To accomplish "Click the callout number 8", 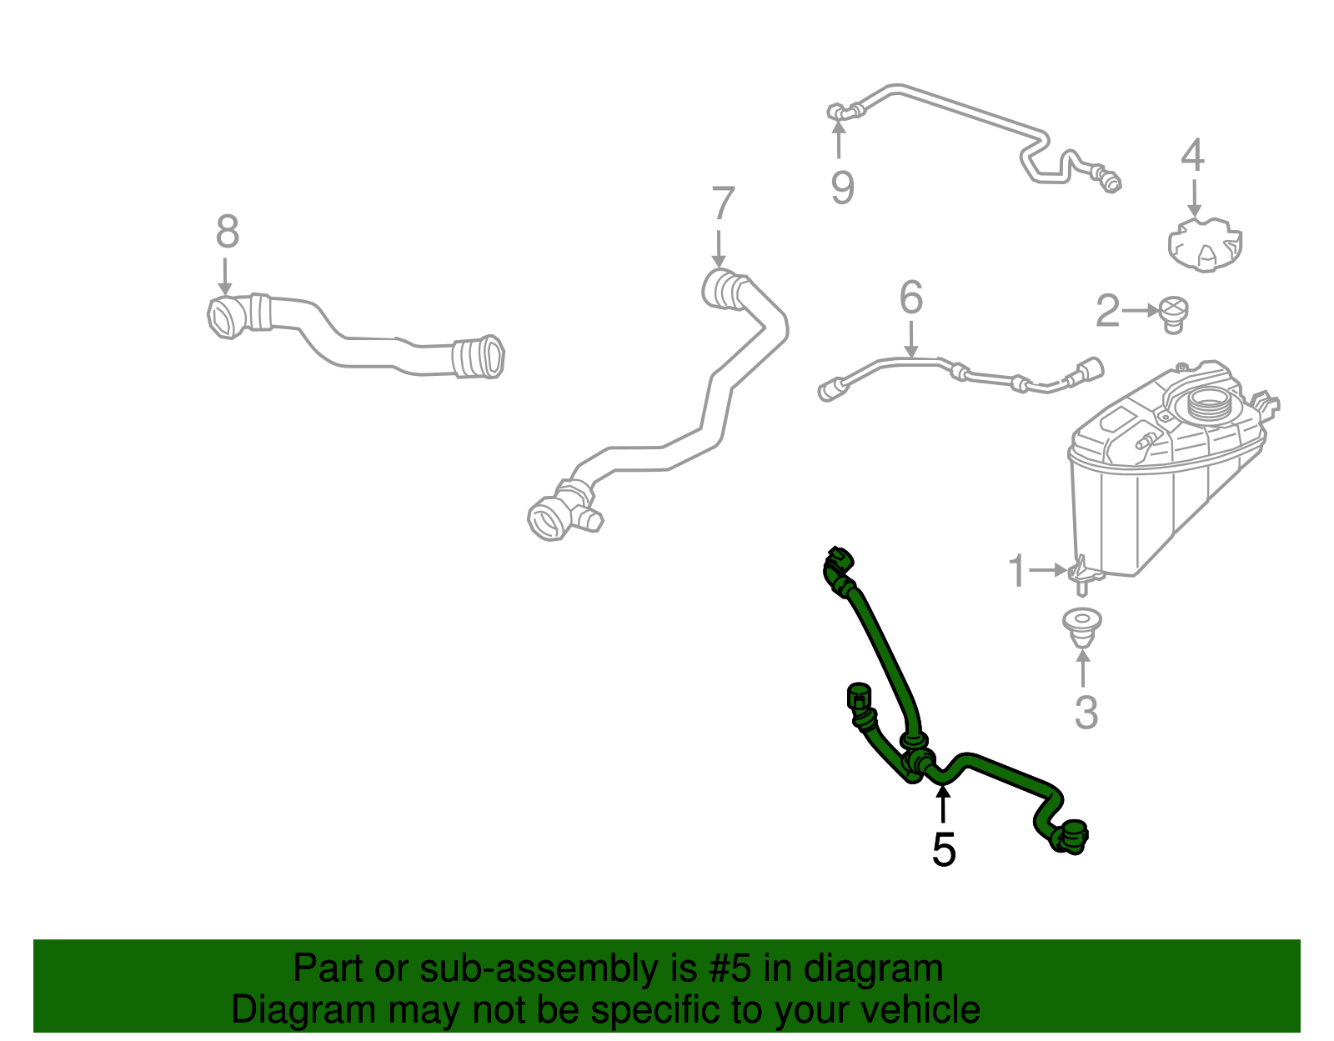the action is pos(227,231).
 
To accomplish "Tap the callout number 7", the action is pos(723,203).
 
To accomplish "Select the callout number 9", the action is pos(842,187).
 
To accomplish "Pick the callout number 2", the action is pos(1108,310).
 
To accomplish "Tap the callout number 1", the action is pos(1017,570).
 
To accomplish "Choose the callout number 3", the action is pos(1086,713).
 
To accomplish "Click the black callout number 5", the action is pos(944,849).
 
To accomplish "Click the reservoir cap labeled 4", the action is pos(1205,244).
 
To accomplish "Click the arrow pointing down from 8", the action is pos(225,277).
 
